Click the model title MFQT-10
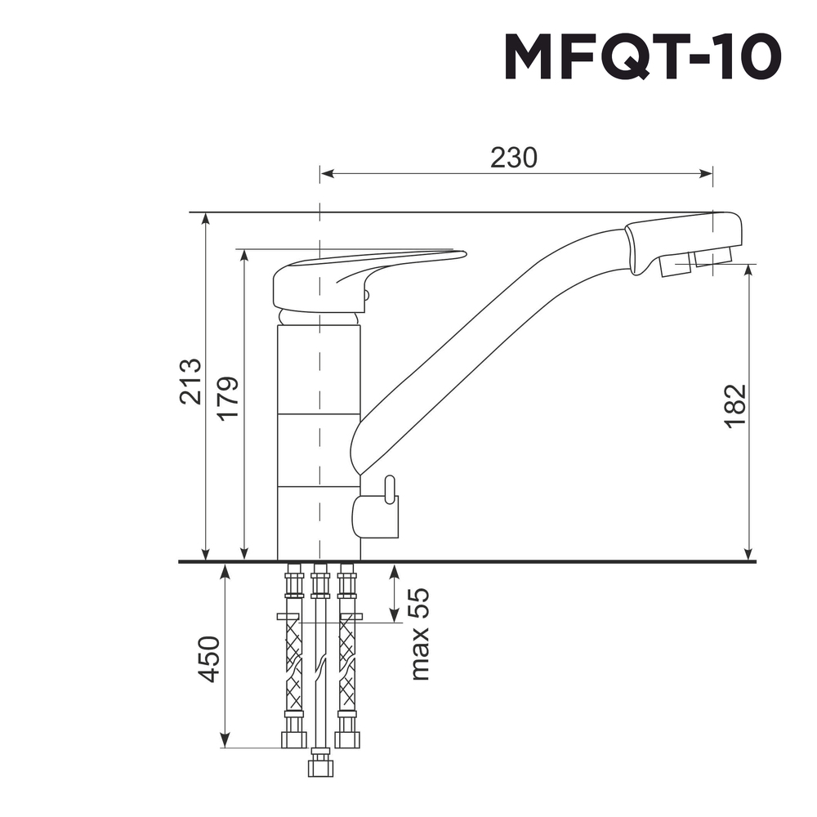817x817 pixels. [x=643, y=58]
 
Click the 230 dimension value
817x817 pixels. [x=514, y=158]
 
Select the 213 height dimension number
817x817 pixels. [x=190, y=381]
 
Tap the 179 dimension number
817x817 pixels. [x=228, y=398]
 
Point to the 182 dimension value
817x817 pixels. [x=735, y=404]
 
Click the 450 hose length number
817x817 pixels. [x=209, y=659]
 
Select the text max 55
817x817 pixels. [x=419, y=634]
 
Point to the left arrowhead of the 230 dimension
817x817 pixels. [x=326, y=173]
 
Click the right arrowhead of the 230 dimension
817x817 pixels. [x=707, y=173]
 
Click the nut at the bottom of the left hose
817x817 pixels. [x=293, y=739]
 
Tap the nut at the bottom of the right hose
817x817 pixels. [x=347, y=739]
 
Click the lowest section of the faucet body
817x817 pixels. [x=319, y=523]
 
